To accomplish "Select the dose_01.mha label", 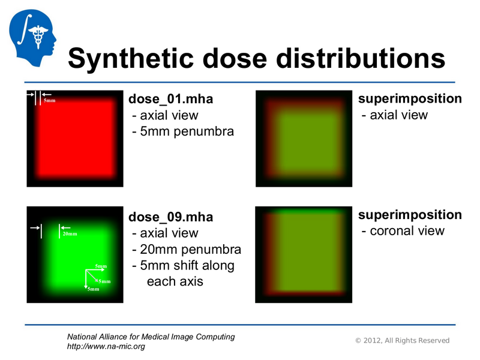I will (x=170, y=98).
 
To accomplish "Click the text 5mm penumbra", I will (x=182, y=131).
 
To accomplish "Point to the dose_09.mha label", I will (x=171, y=217).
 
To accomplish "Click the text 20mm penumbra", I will (x=186, y=249).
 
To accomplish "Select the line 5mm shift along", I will (x=182, y=265).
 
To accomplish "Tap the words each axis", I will (x=175, y=281).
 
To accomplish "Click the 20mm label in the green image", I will (x=70, y=234).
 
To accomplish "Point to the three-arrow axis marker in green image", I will (x=91, y=277).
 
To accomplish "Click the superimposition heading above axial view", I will (x=410, y=98).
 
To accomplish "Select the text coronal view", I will (x=406, y=231).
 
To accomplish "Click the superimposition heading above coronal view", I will (x=410, y=215).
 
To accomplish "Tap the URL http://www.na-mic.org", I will (x=106, y=347).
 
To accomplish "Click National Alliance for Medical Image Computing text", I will (x=150, y=337).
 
